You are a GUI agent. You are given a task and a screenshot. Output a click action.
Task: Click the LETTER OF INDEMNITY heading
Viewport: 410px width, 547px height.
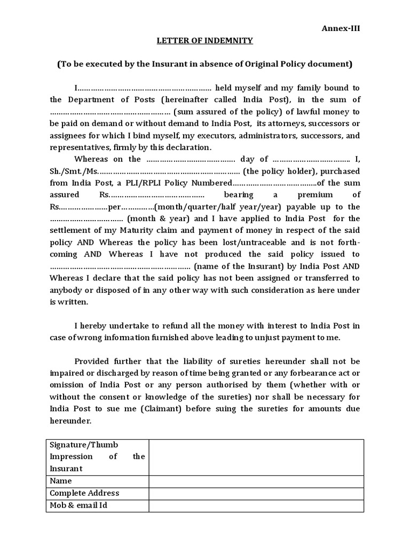(x=204, y=41)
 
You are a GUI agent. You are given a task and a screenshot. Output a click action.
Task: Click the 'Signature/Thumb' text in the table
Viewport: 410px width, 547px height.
(x=84, y=445)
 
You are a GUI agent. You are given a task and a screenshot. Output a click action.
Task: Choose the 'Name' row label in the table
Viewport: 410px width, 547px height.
(x=60, y=481)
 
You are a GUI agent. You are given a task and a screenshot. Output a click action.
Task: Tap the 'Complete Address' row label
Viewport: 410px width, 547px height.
(x=84, y=493)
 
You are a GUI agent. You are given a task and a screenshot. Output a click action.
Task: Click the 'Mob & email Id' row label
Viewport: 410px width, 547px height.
(x=78, y=505)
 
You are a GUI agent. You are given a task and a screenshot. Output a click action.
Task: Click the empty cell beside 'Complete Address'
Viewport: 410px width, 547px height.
(x=256, y=493)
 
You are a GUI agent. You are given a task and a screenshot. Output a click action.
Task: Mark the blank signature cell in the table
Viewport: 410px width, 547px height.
(x=256, y=457)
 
